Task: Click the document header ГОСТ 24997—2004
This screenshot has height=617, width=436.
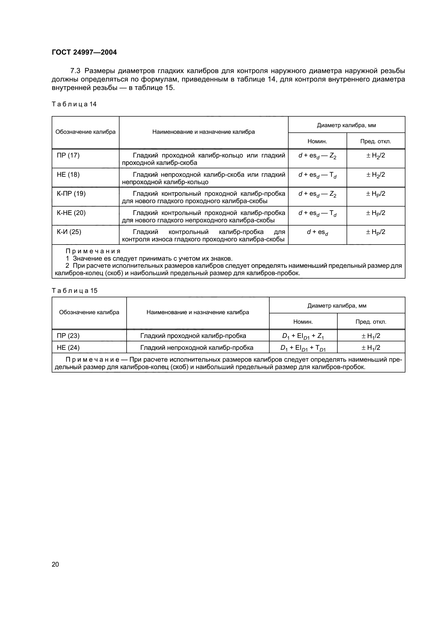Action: [x=84, y=52]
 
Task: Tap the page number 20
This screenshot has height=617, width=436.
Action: [x=55, y=564]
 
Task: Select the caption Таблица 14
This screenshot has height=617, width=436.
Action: [x=74, y=104]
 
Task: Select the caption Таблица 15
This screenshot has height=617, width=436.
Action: [x=74, y=290]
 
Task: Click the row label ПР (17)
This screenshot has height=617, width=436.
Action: [x=68, y=155]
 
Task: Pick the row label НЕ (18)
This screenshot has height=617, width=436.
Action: [x=68, y=175]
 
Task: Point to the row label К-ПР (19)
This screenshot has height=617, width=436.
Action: [x=71, y=194]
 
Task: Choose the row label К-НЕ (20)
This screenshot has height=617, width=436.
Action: [x=71, y=213]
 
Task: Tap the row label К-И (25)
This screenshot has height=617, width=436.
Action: [x=69, y=232]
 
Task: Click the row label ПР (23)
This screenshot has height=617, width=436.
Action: [x=68, y=336]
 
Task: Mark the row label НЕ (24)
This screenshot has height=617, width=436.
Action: [x=68, y=347]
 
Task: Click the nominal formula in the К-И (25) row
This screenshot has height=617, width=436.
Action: [x=317, y=232]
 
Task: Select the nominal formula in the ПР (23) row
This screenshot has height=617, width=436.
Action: [x=303, y=336]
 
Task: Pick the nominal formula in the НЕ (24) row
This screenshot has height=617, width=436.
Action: [x=303, y=348]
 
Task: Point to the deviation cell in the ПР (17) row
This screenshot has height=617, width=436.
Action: [x=376, y=156]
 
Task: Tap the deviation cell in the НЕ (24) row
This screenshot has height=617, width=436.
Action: [x=371, y=348]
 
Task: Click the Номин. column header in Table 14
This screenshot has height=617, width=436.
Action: [x=317, y=141]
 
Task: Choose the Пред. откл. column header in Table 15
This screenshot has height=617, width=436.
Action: [x=371, y=322]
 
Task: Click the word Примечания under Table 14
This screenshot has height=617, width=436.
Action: [x=93, y=251]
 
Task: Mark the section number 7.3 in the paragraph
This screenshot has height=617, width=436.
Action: [x=75, y=71]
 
